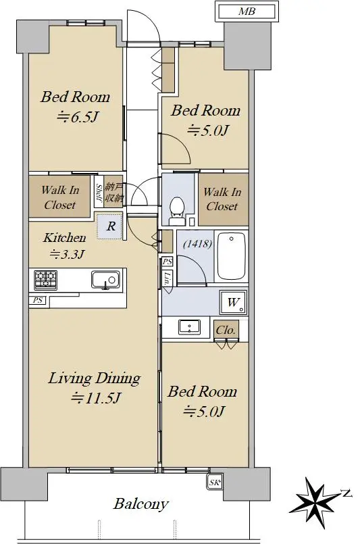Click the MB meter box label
tap(247, 11)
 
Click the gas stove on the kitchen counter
tap(45, 280)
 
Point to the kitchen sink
tap(105, 280)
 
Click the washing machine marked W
tap(233, 302)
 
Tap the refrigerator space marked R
tap(109, 226)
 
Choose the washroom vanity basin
tap(189, 327)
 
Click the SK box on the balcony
tap(215, 483)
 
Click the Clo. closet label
tap(226, 330)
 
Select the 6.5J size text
tap(78, 116)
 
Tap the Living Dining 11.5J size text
tap(96, 397)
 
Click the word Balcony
tap(140, 503)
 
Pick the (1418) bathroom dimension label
tap(197, 243)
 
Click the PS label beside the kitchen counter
tap(37, 300)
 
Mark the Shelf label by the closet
tap(99, 193)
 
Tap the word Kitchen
tap(65, 238)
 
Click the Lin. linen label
tap(168, 278)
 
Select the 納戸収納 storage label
tap(113, 193)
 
